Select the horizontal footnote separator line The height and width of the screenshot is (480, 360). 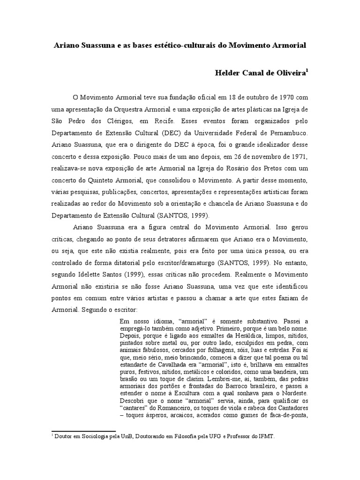pyautogui.click(x=83, y=431)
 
